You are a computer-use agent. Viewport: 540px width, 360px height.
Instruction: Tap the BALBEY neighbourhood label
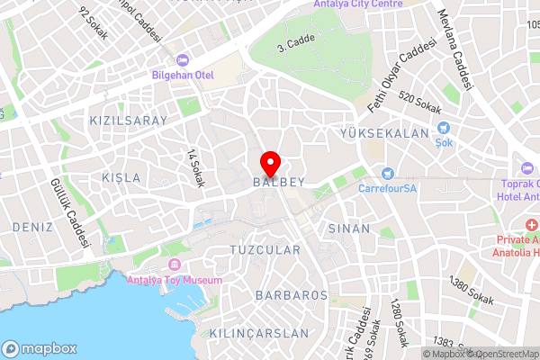[x=279, y=182]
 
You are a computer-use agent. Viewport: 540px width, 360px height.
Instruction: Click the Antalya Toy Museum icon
[x=175, y=265]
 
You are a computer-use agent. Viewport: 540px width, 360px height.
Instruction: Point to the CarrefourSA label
[x=388, y=189]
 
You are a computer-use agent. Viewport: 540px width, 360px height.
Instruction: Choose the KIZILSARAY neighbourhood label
[x=129, y=120]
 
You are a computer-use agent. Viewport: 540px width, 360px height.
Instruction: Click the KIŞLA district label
[x=121, y=177]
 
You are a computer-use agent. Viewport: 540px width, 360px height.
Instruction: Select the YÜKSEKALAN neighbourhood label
[x=384, y=133]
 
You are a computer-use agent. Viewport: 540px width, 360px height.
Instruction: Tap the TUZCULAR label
[x=265, y=248]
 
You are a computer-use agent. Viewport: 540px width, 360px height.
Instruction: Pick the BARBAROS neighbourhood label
[x=291, y=295]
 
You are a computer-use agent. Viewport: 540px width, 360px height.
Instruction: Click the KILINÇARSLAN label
[x=258, y=333]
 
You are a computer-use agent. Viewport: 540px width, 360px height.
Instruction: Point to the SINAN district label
[x=348, y=229]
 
